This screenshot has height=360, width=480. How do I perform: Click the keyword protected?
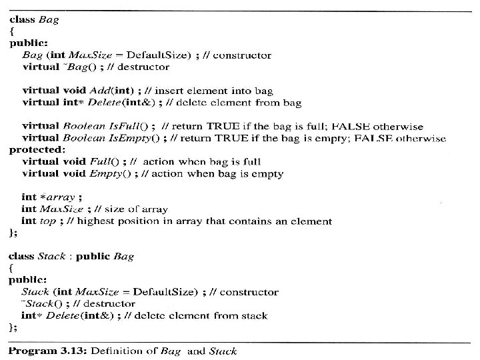34,150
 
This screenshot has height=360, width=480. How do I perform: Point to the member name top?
47,221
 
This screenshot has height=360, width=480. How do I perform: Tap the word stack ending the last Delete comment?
253,315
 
